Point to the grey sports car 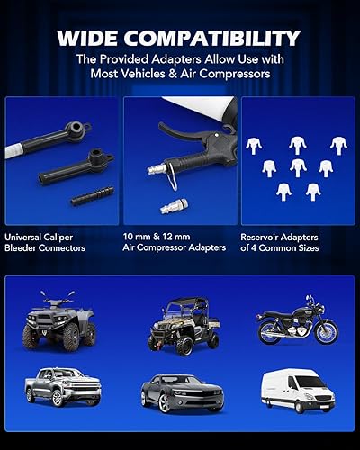coord(181,390)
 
